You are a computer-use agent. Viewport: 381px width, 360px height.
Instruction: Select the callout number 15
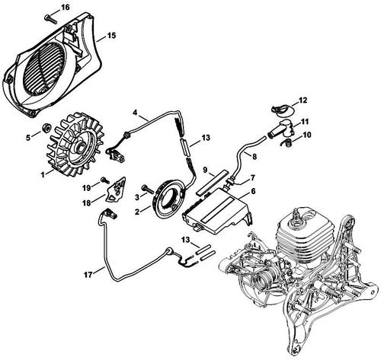[x=111, y=36]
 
